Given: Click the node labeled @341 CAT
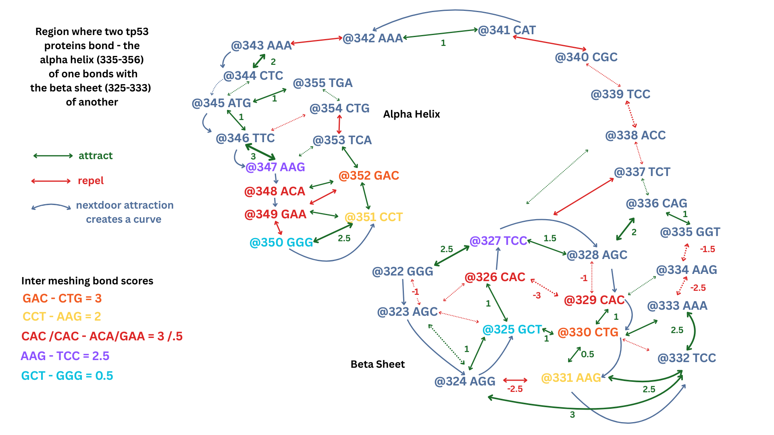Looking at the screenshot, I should (507, 30).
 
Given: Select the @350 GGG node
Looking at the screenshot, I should (281, 242).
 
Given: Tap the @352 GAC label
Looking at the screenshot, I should (368, 176).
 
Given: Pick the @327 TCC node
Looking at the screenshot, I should (498, 241).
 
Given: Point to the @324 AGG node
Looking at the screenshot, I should (464, 381).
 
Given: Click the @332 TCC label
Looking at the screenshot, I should (687, 358).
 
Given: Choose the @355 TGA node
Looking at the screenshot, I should (322, 83).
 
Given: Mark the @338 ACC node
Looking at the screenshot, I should (635, 135).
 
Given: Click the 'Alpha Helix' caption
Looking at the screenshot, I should (411, 114).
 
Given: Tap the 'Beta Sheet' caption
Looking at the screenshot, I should (377, 365).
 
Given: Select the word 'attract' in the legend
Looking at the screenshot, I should (96, 156).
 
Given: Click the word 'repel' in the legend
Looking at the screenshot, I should (91, 181).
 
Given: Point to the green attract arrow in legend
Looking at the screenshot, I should (53, 156).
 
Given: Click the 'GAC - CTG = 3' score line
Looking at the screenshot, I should (62, 298).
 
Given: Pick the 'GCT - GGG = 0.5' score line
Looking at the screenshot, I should (67, 376).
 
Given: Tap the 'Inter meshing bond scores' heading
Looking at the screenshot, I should (87, 281).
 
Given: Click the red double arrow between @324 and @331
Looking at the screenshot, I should (515, 380).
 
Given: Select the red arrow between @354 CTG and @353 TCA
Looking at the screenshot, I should (339, 124).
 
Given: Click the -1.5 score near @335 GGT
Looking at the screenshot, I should (707, 249).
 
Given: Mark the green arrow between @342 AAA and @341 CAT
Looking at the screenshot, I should (440, 34).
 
